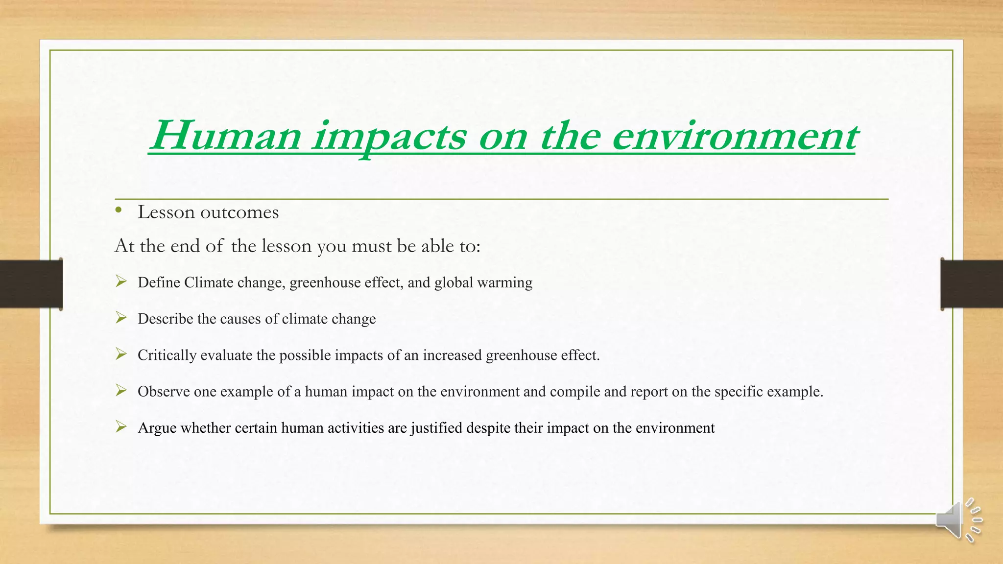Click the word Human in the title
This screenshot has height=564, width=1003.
pos(225,136)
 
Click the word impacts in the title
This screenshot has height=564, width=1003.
pos(389,137)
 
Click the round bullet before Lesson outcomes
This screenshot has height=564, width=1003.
pos(119,211)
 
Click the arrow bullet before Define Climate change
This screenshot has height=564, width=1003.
pos(121,282)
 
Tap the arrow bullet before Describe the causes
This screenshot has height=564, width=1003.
pos(121,318)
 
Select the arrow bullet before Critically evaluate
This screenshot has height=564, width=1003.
pos(121,354)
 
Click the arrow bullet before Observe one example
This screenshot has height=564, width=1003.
pos(121,391)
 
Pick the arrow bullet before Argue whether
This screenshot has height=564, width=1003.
pos(121,427)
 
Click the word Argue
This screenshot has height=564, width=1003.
pos(157,428)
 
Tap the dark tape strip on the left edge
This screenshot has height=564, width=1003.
pos(30,284)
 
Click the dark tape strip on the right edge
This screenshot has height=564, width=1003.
pos(972,284)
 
